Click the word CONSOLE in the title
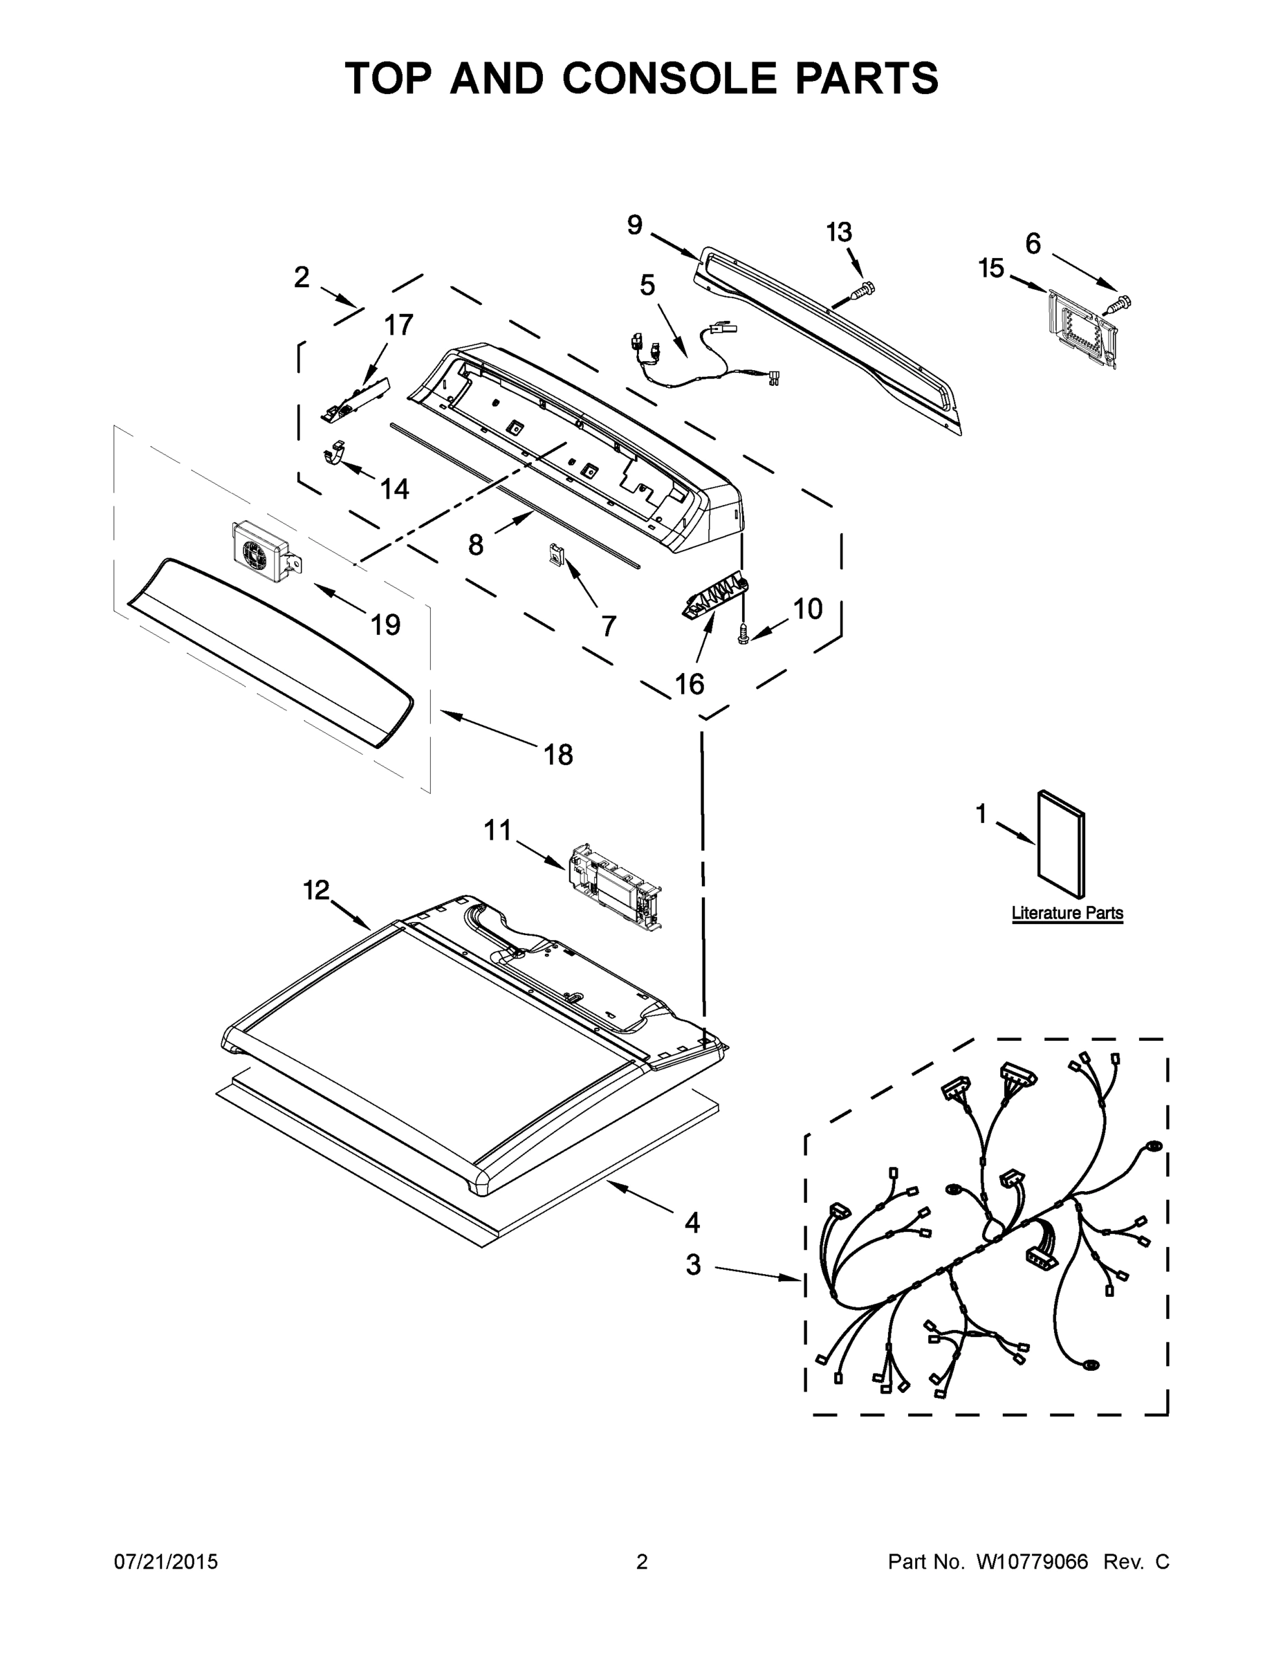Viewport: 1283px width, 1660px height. point(670,78)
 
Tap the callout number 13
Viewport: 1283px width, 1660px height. point(839,232)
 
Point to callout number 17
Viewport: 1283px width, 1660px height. point(398,325)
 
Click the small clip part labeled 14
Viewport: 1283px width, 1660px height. point(335,454)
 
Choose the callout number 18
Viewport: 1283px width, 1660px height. point(559,755)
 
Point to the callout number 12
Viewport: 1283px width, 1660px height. point(316,889)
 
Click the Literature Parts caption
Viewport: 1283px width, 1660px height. point(1067,913)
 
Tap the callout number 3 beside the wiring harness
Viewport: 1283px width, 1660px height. point(693,1266)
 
